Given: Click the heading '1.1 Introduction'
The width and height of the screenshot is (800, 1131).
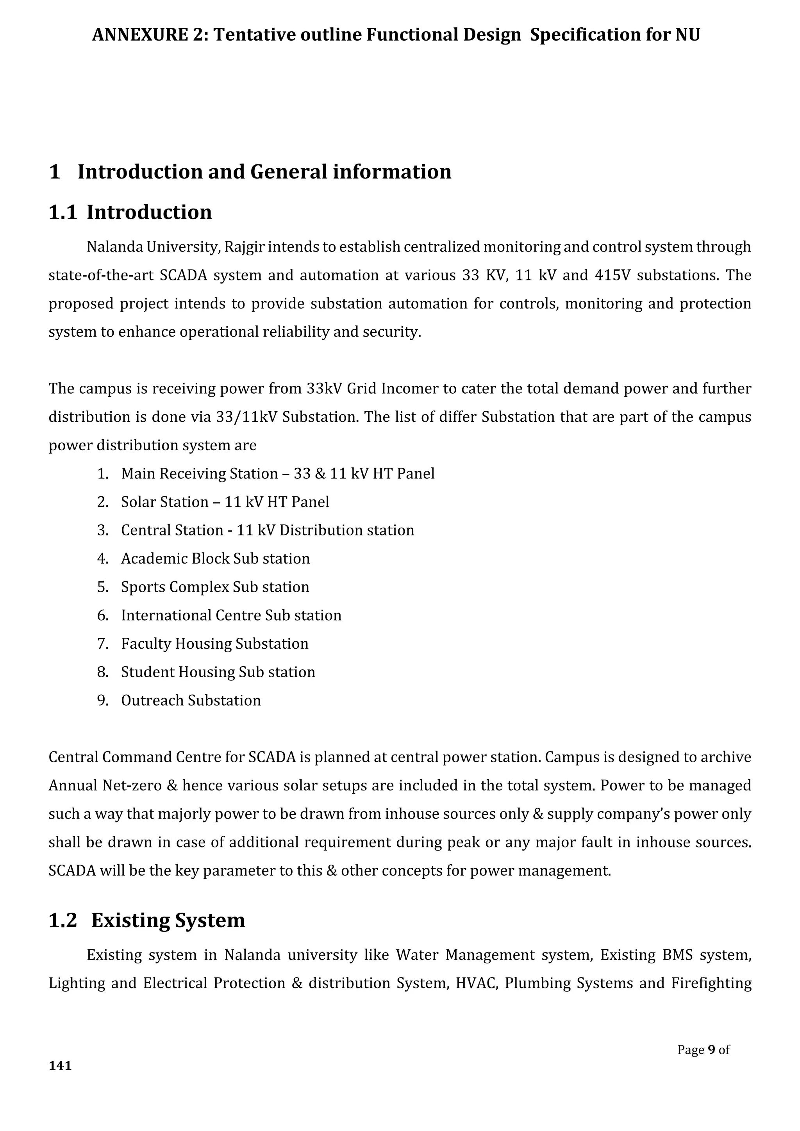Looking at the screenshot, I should pyautogui.click(x=130, y=212).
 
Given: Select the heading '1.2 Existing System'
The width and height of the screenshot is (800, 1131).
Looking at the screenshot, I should pyautogui.click(x=147, y=920).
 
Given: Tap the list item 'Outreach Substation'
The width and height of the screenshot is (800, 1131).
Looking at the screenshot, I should pyautogui.click(x=191, y=701).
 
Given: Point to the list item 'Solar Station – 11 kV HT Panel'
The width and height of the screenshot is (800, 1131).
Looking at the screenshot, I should pyautogui.click(x=225, y=502).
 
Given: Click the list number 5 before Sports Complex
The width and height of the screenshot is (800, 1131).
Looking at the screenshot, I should pyautogui.click(x=102, y=587).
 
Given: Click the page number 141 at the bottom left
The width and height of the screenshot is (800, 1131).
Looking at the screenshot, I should pyautogui.click(x=60, y=1065).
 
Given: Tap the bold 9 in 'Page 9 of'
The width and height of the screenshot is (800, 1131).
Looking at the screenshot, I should pyautogui.click(x=711, y=1050).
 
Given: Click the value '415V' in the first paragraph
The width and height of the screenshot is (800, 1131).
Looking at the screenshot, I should pyautogui.click(x=612, y=275).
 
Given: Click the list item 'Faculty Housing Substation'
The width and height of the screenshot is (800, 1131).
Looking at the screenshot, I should pyautogui.click(x=214, y=644).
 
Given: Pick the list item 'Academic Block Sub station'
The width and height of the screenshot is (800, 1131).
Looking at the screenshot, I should pyautogui.click(x=215, y=558).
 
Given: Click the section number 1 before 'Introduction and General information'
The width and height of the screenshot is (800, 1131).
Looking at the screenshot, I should pyautogui.click(x=54, y=172).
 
